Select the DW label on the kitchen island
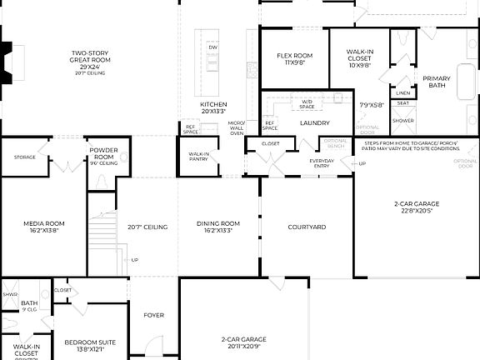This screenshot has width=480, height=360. tap(212, 47)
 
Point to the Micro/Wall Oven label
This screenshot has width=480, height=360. tap(237, 127)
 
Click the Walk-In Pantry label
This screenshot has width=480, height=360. tap(198, 156)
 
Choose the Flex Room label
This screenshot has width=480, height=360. tap(294, 56)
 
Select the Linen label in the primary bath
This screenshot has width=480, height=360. tap(402, 92)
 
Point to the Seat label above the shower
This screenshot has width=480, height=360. tap(402, 103)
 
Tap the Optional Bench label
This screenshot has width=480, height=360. tap(335, 142)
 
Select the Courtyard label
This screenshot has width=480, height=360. tap(306, 227)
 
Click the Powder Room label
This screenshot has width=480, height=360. tap(103, 155)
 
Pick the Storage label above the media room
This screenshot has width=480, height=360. tap(24, 156)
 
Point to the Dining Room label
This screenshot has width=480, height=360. tap(218, 223)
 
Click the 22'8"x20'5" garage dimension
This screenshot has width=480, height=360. tap(417, 211)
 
